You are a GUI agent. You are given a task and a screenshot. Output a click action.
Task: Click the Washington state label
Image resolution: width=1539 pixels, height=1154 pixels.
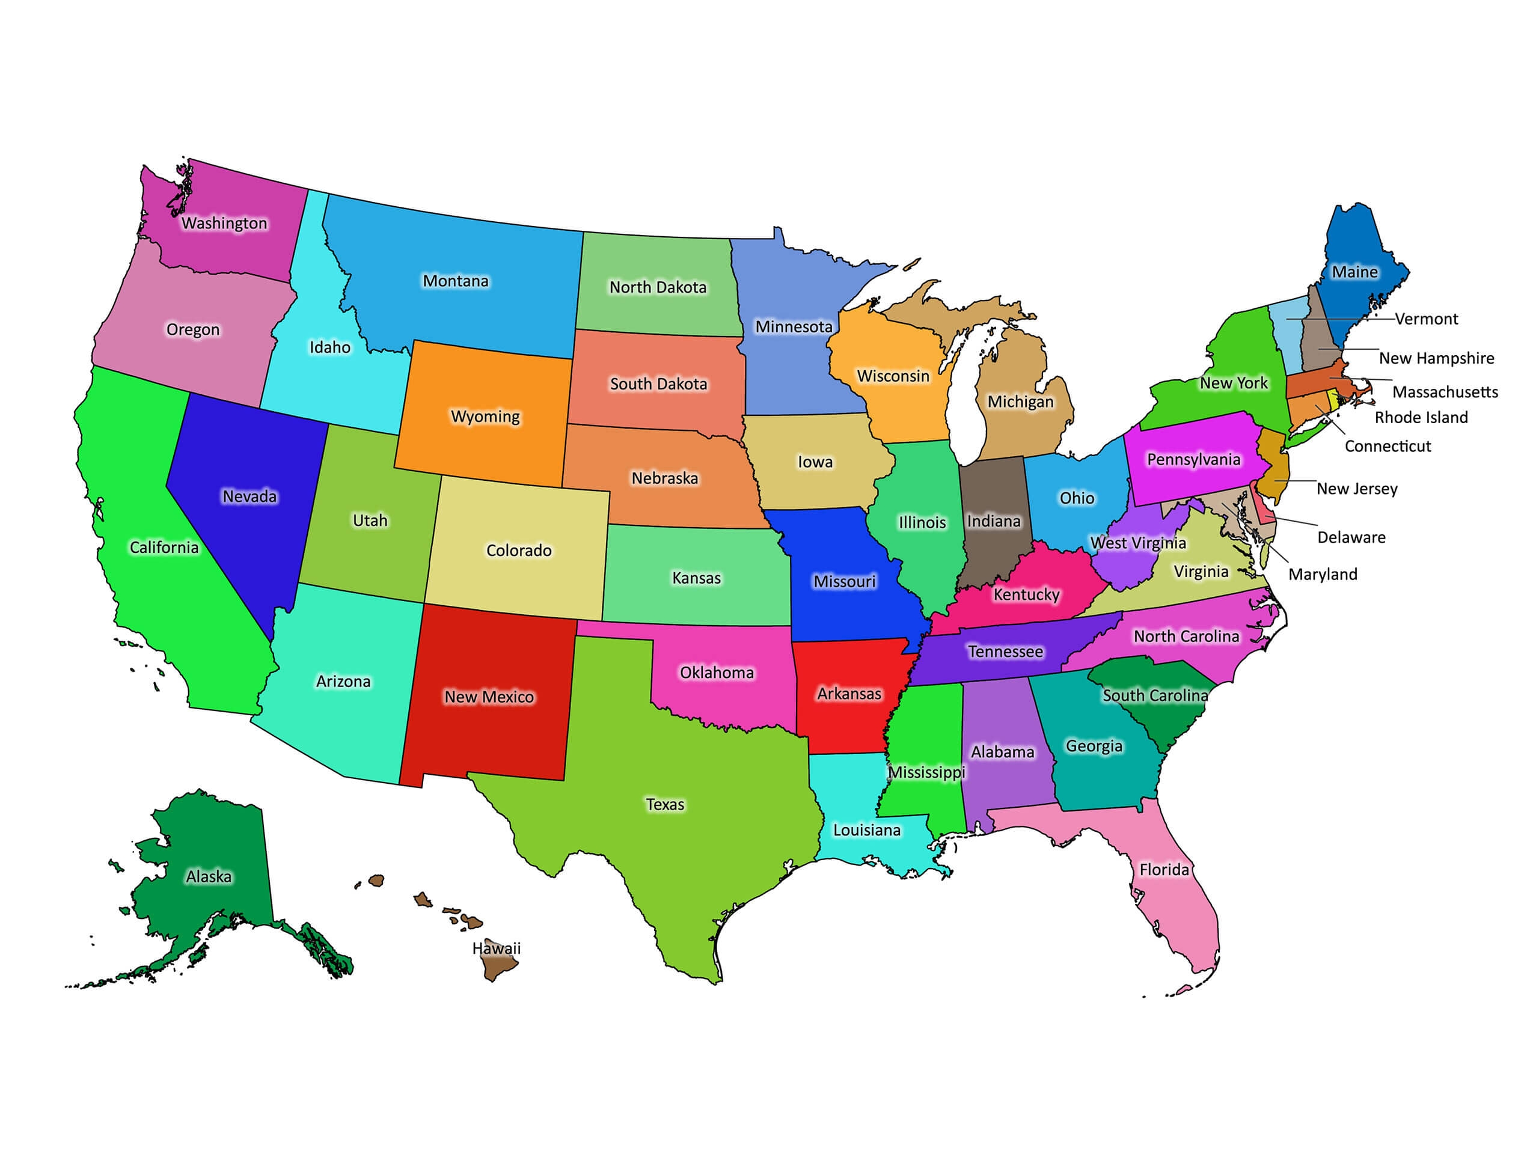pyautogui.click(x=224, y=224)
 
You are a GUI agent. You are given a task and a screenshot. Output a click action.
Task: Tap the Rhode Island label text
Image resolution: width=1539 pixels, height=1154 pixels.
pyautogui.click(x=1421, y=417)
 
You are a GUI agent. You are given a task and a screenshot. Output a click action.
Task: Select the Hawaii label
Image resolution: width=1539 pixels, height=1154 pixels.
pyautogui.click(x=496, y=948)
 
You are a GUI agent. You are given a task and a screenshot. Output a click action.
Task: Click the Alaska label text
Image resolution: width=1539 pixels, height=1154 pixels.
pyautogui.click(x=209, y=876)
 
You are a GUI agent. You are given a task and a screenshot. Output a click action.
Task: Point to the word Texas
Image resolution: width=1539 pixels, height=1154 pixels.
pyautogui.click(x=665, y=804)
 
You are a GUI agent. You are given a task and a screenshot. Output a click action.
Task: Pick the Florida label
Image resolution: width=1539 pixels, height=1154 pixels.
pyautogui.click(x=1164, y=870)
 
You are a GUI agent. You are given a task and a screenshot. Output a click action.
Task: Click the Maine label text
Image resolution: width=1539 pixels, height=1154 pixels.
pyautogui.click(x=1354, y=272)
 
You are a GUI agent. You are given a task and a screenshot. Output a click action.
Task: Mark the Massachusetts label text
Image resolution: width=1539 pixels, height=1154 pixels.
pyautogui.click(x=1445, y=392)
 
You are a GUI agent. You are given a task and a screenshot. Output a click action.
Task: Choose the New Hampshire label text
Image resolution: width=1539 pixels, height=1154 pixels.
pyautogui.click(x=1437, y=358)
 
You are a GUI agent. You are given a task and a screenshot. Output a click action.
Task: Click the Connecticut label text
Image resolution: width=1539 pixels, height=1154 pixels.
pyautogui.click(x=1388, y=446)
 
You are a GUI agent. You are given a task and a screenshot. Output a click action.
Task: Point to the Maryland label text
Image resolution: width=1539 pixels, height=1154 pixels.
pyautogui.click(x=1323, y=574)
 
